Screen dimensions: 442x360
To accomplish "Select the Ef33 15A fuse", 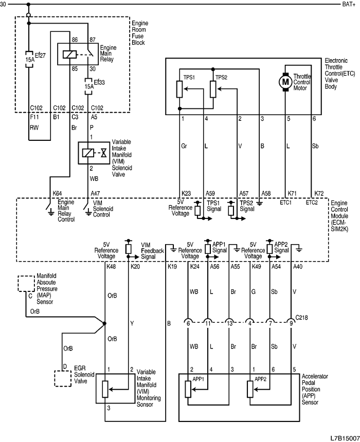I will [x=88, y=84].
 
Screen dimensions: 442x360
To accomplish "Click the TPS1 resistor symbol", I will [x=179, y=88].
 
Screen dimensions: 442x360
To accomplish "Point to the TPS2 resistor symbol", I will [x=213, y=88].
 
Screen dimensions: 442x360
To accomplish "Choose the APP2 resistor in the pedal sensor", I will [x=250, y=389].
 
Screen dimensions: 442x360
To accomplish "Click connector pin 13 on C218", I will [x=229, y=323].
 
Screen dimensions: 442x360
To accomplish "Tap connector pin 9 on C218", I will [x=292, y=323].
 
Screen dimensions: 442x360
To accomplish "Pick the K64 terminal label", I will [x=58, y=193].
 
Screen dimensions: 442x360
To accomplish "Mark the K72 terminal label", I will [x=319, y=193].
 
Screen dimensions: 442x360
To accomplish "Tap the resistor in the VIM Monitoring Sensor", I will [x=105, y=389].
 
